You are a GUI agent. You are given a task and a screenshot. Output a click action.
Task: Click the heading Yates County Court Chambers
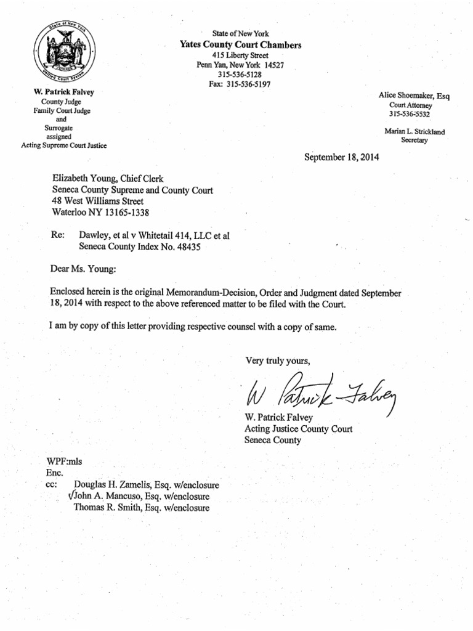pos(240,45)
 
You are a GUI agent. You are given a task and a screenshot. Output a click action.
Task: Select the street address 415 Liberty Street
pos(240,55)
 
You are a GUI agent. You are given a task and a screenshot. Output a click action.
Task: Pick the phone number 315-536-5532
pos(409,114)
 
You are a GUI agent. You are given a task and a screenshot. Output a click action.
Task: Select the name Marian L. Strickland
pos(414,131)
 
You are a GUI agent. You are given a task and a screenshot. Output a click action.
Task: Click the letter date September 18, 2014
pos(342,157)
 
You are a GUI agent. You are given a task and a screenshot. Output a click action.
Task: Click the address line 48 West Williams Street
pos(98,201)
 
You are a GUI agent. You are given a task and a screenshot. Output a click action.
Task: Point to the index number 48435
pos(189,246)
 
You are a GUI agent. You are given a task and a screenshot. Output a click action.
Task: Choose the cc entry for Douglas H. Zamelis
pos(146,485)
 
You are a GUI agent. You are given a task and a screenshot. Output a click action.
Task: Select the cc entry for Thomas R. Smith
pos(141,508)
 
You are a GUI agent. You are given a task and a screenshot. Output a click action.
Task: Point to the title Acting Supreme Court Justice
pos(64,145)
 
